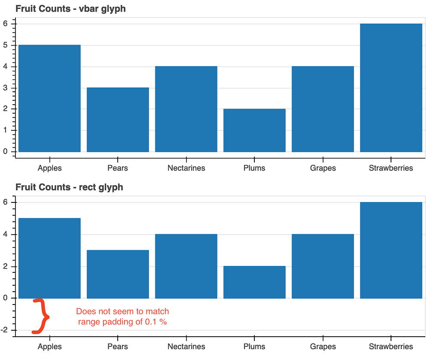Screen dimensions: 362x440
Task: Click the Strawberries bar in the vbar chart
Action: click(391, 87)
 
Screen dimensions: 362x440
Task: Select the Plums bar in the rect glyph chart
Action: click(254, 282)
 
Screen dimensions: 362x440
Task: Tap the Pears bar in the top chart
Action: click(118, 120)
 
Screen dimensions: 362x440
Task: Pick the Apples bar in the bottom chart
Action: click(49, 258)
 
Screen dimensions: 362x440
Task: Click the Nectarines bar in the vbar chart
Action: click(186, 109)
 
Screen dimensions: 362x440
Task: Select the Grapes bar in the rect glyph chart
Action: click(323, 266)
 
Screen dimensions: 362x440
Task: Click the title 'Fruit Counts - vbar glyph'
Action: click(70, 9)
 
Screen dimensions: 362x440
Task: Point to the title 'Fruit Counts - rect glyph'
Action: click(69, 187)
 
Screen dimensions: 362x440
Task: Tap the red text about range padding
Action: click(122, 317)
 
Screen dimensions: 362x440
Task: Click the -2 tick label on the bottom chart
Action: click(6, 330)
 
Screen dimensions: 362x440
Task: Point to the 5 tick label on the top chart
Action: click(6, 45)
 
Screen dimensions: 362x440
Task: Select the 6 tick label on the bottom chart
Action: click(6, 202)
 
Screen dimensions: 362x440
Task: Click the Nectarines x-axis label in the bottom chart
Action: click(186, 347)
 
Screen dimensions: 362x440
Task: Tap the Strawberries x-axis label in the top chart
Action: click(391, 168)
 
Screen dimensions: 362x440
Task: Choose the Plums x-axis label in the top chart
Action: click(254, 168)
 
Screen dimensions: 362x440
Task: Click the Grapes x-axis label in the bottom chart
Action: click(323, 347)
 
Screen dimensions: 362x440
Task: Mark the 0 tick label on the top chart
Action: click(6, 151)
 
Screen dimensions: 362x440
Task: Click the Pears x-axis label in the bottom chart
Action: click(118, 347)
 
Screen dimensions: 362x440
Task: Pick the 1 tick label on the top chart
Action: click(6, 130)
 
